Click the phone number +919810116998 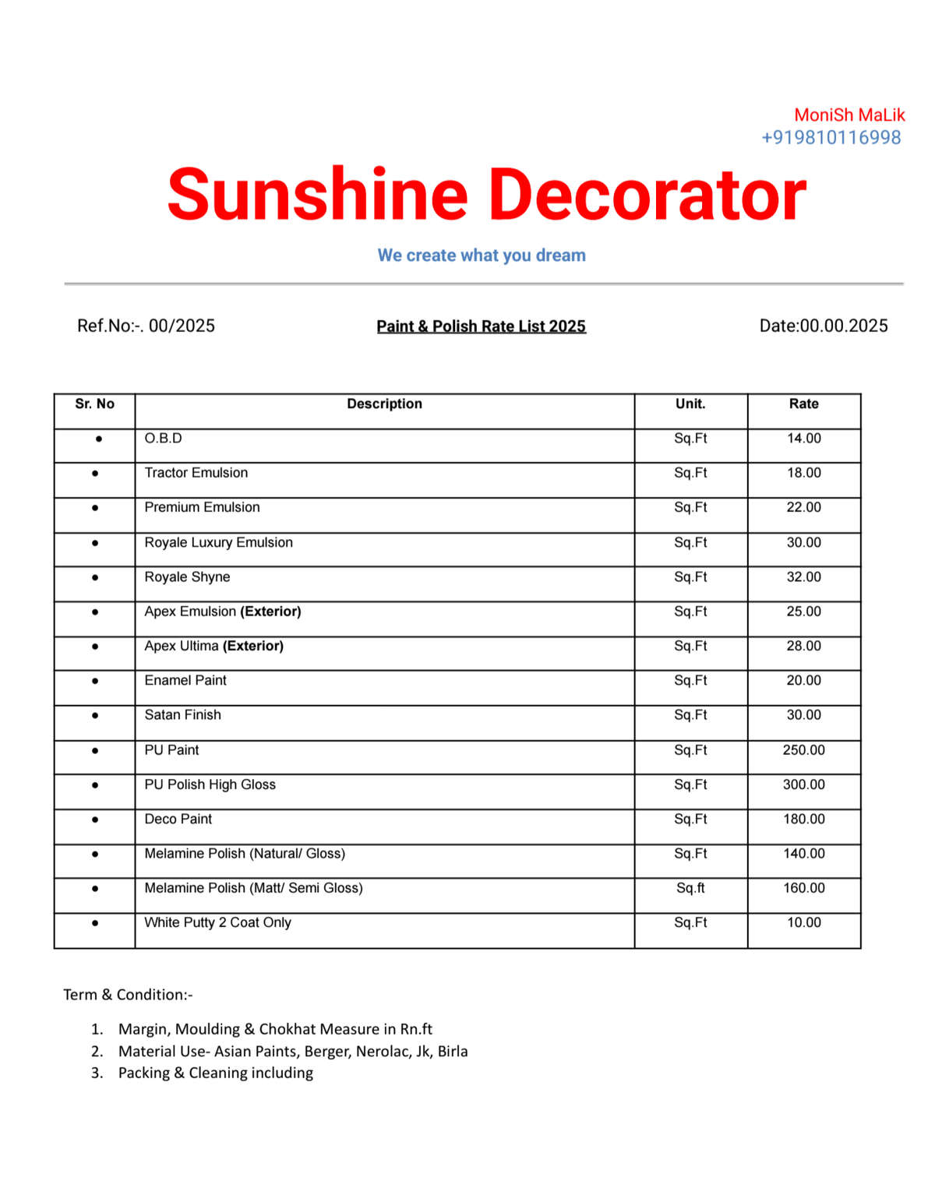point(831,138)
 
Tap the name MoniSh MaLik point(849,115)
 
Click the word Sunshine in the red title point(317,195)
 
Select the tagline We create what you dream point(482,256)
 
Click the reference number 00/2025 point(182,326)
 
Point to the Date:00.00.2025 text point(824,326)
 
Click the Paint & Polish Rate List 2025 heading point(481,326)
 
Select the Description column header point(384,404)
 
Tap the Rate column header point(803,404)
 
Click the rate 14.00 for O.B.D point(803,439)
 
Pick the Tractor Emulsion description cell point(196,473)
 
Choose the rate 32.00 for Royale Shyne point(803,577)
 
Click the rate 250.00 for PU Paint point(803,750)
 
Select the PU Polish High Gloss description point(210,784)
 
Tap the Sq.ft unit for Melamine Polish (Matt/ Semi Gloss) point(690,888)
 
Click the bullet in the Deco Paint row point(95,820)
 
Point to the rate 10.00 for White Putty point(803,922)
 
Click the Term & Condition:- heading point(128,995)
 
